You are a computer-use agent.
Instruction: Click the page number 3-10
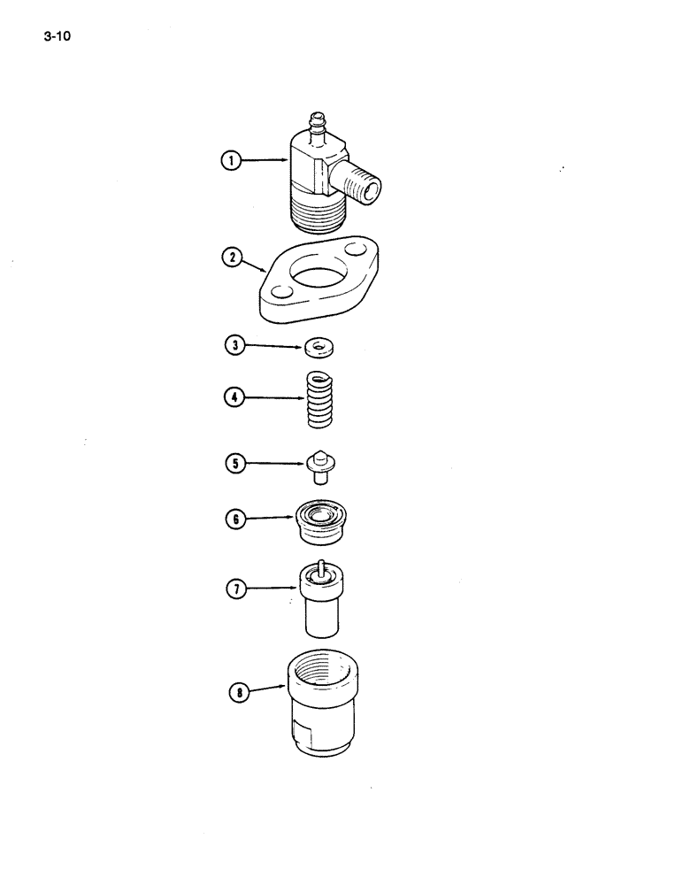(55, 38)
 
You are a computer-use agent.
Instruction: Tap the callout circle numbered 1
(232, 160)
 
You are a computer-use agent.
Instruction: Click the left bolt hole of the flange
(280, 292)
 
